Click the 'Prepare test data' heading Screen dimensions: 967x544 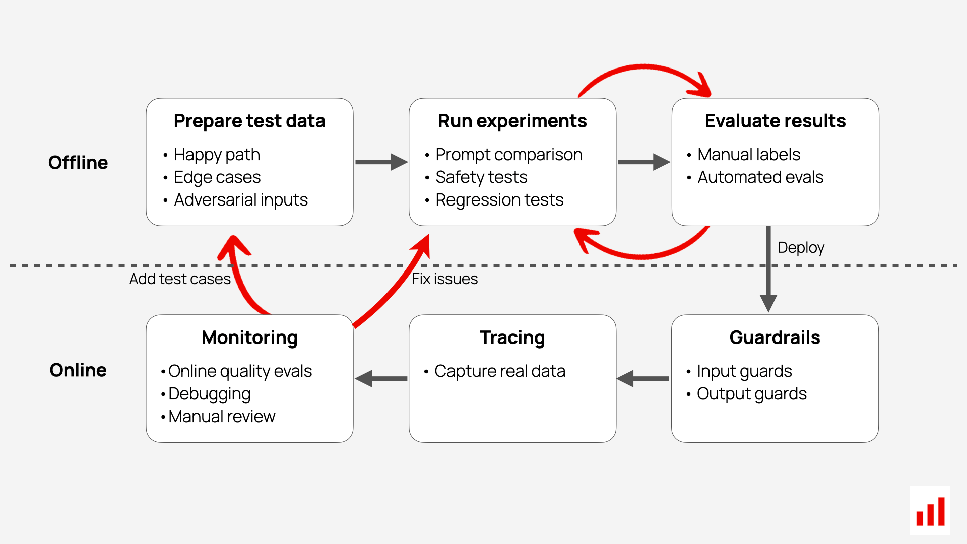point(249,121)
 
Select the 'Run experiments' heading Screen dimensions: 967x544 point(512,121)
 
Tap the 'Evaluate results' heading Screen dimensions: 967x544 point(775,121)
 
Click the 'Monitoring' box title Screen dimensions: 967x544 point(249,338)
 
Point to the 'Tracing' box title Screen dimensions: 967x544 point(512,338)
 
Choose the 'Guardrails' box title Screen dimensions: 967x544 point(775,337)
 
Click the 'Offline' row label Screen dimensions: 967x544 point(78,163)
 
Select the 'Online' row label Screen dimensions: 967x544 point(78,370)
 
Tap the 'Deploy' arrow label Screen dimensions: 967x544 point(801,248)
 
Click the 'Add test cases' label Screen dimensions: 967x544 point(180,279)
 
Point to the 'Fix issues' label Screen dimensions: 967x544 point(445,279)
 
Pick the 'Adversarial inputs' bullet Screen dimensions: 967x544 point(241,200)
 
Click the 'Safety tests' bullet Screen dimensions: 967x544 point(481,177)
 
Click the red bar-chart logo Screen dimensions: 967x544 point(930,511)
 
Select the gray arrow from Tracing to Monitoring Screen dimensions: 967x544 point(381,378)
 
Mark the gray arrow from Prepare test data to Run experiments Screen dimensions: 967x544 point(381,162)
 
